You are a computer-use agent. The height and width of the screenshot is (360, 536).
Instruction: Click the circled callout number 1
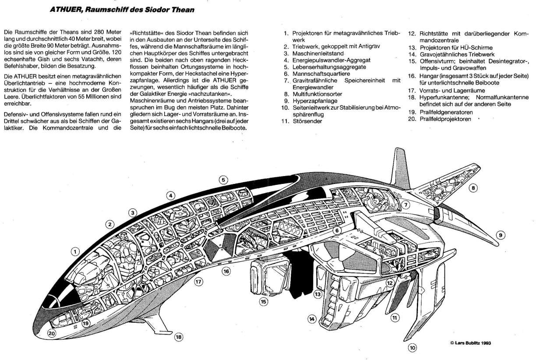click(x=76, y=252)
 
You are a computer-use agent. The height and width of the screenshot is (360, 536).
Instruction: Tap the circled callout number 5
click(x=223, y=180)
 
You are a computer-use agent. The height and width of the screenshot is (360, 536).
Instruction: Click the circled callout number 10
click(x=413, y=349)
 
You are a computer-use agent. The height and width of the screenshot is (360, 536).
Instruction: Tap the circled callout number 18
click(x=178, y=337)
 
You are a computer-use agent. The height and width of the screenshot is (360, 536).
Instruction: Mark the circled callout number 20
click(x=53, y=333)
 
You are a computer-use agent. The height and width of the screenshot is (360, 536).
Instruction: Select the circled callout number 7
click(x=406, y=204)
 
